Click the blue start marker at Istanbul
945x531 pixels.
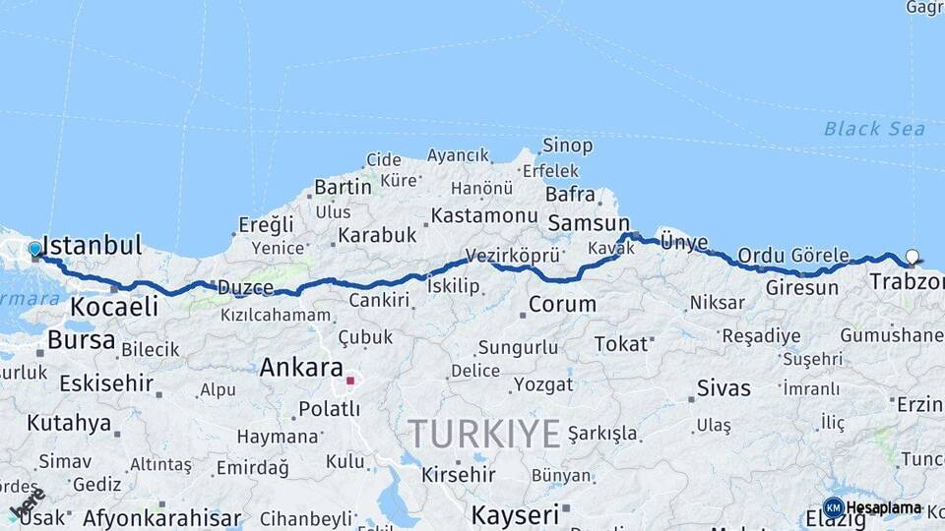pyautogui.click(x=34, y=250)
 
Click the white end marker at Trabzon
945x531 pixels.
pyautogui.click(x=912, y=258)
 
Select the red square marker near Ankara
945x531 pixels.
pyautogui.click(x=349, y=380)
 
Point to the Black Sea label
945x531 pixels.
pyautogui.click(x=874, y=129)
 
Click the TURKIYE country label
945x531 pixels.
pyautogui.click(x=484, y=433)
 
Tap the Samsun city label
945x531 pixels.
pyautogui.click(x=588, y=223)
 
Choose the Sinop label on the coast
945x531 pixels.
pyautogui.click(x=568, y=147)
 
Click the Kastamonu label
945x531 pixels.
pyautogui.click(x=484, y=215)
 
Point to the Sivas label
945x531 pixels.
pyautogui.click(x=724, y=387)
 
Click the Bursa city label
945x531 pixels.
pyautogui.click(x=81, y=341)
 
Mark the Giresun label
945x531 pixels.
pyautogui.click(x=802, y=288)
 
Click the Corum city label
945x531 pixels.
pyautogui.click(x=562, y=304)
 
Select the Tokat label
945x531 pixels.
pyautogui.click(x=621, y=344)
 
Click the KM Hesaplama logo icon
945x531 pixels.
pyautogui.click(x=833, y=508)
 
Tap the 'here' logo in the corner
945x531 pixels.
pyautogui.click(x=27, y=502)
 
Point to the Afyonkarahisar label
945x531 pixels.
pyautogui.click(x=162, y=517)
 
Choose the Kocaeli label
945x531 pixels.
pyautogui.click(x=113, y=307)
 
